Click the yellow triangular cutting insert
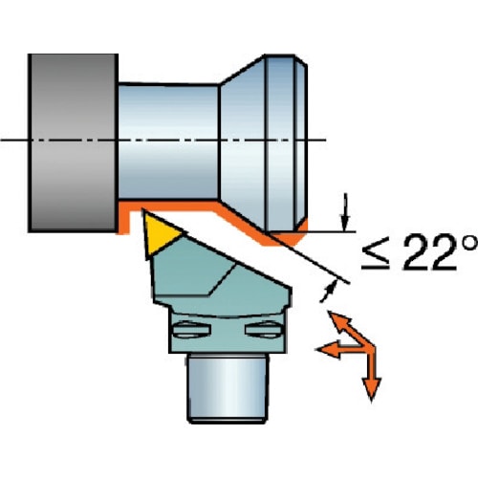click(x=159, y=234)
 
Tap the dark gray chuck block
click(x=73, y=142)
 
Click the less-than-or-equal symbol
click(x=376, y=257)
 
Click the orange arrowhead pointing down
click(x=371, y=389)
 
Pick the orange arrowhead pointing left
click(x=329, y=350)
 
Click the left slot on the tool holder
click(x=191, y=330)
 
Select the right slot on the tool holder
click(x=264, y=330)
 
